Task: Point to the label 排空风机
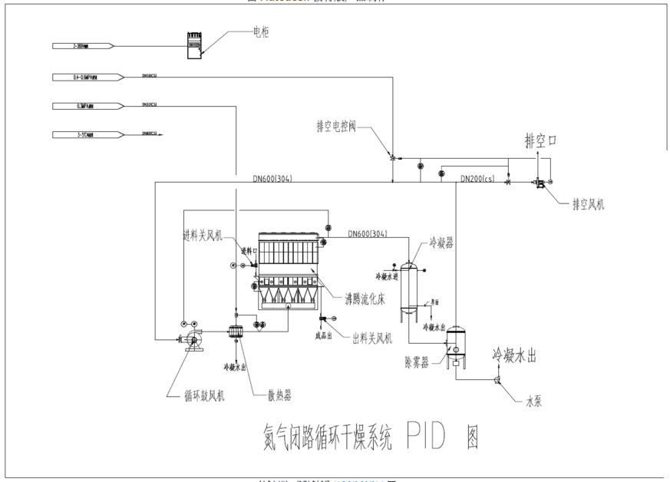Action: click(x=588, y=205)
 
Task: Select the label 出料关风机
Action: click(x=374, y=337)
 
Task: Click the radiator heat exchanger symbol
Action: click(x=236, y=331)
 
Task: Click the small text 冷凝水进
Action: click(x=387, y=276)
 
